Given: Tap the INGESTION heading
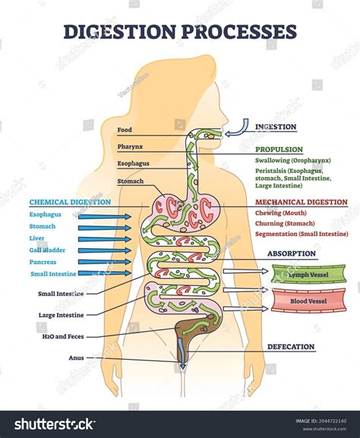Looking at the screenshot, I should [x=275, y=127].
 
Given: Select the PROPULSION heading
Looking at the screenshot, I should [x=279, y=150].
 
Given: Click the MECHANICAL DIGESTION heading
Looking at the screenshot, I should [x=302, y=203].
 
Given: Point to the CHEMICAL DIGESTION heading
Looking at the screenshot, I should [x=70, y=202].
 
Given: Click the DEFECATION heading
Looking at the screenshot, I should [x=290, y=347].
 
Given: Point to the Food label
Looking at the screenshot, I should [x=125, y=130].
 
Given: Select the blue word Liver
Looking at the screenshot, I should [x=37, y=238].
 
